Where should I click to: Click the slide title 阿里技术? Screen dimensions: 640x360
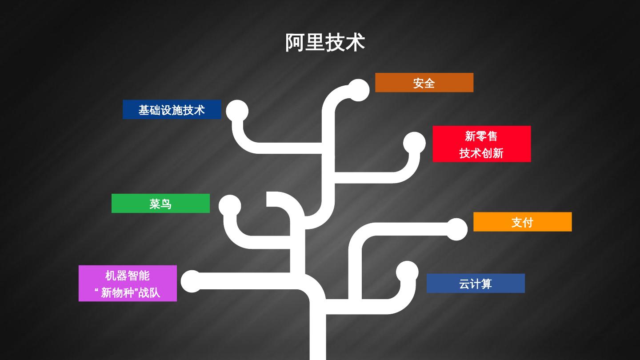click(325, 43)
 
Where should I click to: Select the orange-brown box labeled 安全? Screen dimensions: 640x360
click(424, 83)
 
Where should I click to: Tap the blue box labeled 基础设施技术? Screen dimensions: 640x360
click(172, 110)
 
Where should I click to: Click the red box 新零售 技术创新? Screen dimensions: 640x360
click(481, 144)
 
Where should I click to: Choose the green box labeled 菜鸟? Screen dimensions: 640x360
click(160, 204)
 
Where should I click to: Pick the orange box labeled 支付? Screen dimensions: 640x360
click(522, 222)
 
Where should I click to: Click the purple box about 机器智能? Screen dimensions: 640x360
click(128, 284)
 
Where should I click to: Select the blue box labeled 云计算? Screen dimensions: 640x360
click(476, 284)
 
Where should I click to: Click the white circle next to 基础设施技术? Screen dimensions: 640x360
click(237, 111)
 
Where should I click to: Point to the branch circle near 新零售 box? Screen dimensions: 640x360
click(414, 143)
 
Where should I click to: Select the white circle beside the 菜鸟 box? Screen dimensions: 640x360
click(230, 206)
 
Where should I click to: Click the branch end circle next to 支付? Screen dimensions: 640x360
click(456, 229)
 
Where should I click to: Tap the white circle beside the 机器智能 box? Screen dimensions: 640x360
click(192, 281)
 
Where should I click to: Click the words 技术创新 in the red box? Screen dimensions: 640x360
click(481, 153)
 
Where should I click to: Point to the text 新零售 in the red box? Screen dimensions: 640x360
click(481, 136)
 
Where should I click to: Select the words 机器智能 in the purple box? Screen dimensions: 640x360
click(128, 276)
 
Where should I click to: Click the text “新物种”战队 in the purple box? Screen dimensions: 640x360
click(128, 292)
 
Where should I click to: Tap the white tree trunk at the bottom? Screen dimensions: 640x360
click(318, 338)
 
